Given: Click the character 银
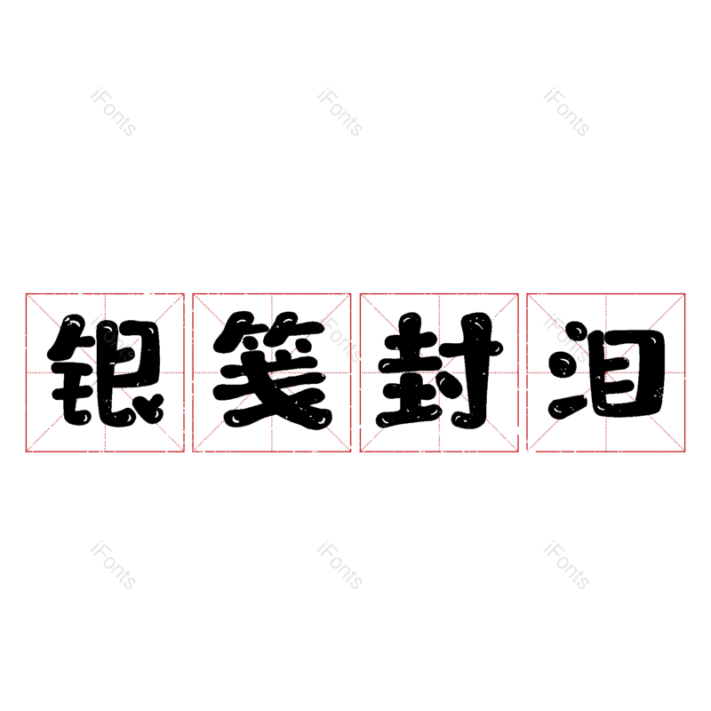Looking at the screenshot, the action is point(105,370).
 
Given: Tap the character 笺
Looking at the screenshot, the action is point(273,370).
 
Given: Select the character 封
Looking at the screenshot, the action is point(439,370).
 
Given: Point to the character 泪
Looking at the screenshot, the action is point(607,370).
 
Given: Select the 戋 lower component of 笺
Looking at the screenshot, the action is point(273,390).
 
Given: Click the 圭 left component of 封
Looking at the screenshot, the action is point(410,370).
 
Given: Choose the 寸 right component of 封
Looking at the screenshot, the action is point(472,370).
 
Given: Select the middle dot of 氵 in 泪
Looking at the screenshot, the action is point(562,365).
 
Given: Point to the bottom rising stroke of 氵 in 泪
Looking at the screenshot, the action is point(568,406).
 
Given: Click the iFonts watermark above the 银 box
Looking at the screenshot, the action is point(113,112).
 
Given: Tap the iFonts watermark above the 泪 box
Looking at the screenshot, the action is point(566,112).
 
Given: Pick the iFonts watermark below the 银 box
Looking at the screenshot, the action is point(113,564).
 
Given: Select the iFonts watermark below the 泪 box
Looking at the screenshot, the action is point(566,564).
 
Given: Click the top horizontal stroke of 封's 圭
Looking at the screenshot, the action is point(411,340).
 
